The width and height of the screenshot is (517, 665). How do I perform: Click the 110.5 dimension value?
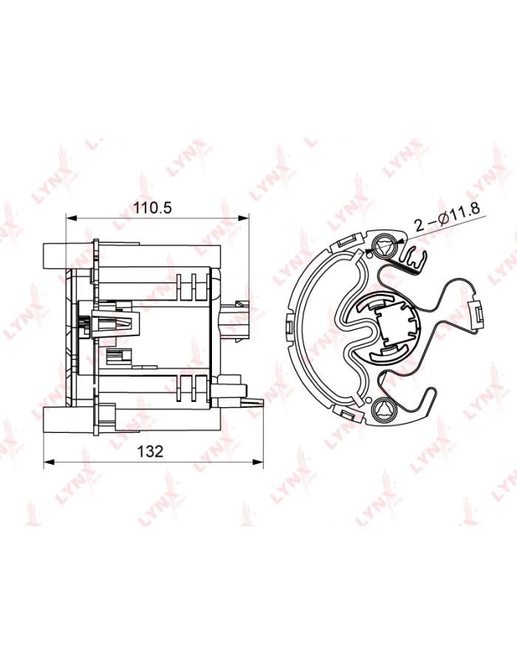153,208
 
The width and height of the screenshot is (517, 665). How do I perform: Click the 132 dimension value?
150,451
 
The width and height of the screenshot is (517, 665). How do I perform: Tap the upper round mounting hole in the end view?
383,245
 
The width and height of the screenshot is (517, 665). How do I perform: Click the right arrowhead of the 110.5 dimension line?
243,218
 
